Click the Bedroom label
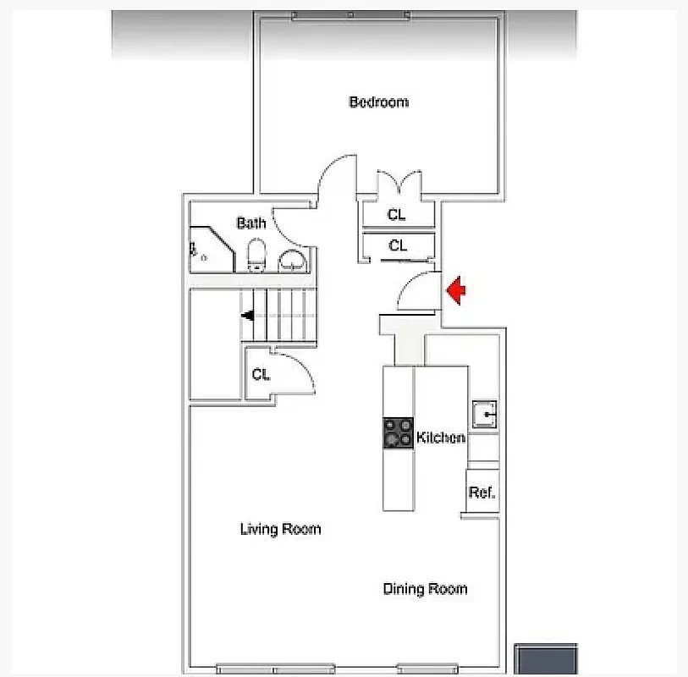click(378, 102)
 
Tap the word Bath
click(250, 223)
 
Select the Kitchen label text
click(440, 438)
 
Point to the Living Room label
click(280, 530)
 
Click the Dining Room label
click(425, 589)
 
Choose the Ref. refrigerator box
click(482, 493)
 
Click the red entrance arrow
click(456, 291)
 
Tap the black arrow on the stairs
click(248, 316)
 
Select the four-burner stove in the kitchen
click(399, 433)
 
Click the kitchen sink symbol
click(486, 415)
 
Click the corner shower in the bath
click(207, 250)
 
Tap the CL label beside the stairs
click(261, 375)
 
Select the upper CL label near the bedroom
click(397, 215)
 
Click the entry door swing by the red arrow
click(416, 293)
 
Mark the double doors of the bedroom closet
click(397, 184)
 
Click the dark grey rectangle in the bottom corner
click(546, 660)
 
